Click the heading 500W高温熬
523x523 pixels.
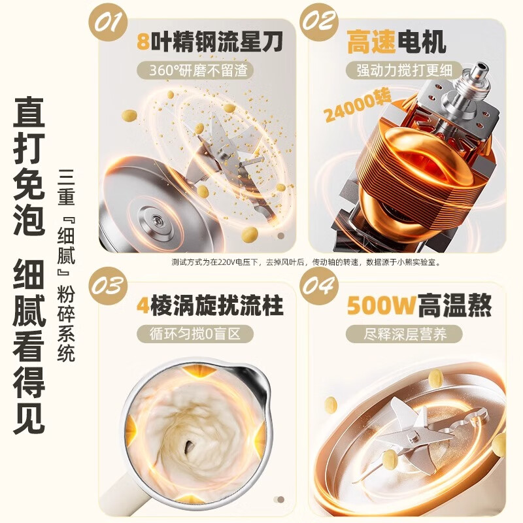pos(418,305)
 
